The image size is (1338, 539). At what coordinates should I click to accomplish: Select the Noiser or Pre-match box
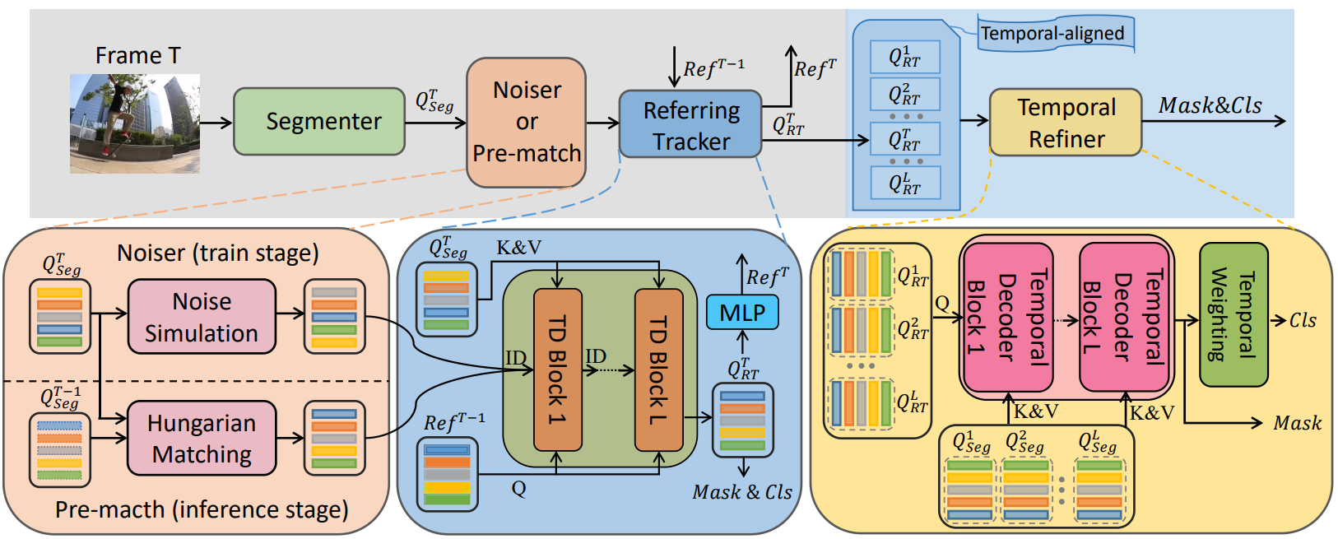point(527,122)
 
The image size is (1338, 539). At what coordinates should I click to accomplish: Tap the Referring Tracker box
point(690,125)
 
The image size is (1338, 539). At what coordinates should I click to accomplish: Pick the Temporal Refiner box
point(1066,123)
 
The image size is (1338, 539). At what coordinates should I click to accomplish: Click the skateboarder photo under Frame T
point(135,123)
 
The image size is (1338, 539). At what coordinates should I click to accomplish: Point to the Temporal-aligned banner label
point(1052,34)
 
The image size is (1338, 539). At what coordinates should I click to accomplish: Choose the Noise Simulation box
point(202,317)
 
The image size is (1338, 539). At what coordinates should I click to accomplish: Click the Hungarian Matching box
point(202,438)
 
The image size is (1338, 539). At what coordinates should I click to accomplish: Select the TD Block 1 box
point(558,369)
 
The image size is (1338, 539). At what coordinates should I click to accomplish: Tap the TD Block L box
point(659,369)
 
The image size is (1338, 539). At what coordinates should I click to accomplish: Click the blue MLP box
point(742,313)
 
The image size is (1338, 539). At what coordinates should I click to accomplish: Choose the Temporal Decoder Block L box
point(1124,317)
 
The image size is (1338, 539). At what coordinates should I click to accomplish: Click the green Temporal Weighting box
point(1233,314)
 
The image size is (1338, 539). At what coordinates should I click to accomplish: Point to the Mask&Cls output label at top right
point(1210,105)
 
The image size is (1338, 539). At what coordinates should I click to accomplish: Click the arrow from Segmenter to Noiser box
point(435,123)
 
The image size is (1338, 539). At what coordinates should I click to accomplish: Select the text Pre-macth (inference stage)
point(202,510)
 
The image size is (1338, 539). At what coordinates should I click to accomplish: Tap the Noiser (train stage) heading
point(218,253)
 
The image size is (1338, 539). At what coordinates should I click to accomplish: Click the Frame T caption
point(137,55)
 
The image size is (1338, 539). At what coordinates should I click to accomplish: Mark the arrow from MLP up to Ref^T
point(742,276)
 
